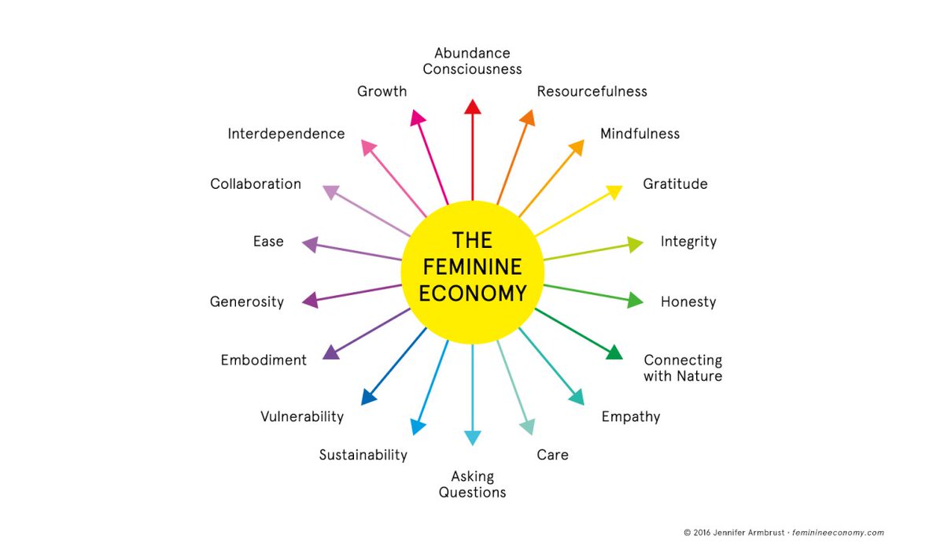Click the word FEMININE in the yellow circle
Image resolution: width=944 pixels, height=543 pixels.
[x=472, y=267]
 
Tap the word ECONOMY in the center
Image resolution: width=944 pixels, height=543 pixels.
[x=472, y=294]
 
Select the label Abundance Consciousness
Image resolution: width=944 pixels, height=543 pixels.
[x=472, y=61]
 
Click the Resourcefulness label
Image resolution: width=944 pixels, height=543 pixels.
[x=592, y=91]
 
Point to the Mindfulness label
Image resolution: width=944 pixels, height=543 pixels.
[x=640, y=134]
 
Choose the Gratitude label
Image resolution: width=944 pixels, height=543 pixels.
[x=675, y=184]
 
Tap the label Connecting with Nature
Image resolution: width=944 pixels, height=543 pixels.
[x=682, y=368]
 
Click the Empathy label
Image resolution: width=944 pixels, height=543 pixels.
[x=630, y=416]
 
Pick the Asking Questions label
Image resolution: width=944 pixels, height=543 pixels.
[x=472, y=484]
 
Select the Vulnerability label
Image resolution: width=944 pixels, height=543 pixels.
[x=302, y=416]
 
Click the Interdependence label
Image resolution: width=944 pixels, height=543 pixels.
[x=286, y=134]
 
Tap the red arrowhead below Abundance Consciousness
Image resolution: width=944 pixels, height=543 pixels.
[x=472, y=108]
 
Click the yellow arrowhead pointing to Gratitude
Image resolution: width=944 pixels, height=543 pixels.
[x=614, y=191]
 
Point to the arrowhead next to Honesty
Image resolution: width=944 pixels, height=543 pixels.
[x=635, y=300]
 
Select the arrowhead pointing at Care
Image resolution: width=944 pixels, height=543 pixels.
[x=527, y=427]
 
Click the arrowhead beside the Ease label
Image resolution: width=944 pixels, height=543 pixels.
[x=311, y=244]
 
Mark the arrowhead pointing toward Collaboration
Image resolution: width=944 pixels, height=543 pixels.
[x=331, y=192]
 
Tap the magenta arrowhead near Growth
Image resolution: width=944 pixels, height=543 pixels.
[x=418, y=117]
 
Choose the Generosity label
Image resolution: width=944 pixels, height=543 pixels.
[x=247, y=301]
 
